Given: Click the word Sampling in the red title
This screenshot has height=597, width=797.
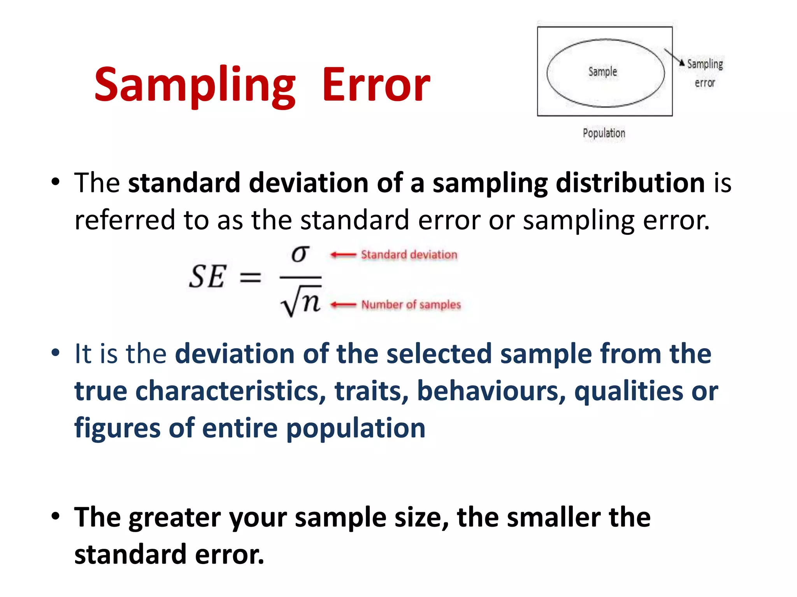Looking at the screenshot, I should [195, 85].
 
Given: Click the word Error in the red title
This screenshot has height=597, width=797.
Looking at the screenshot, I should [376, 85].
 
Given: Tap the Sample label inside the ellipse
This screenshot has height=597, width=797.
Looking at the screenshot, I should [602, 72].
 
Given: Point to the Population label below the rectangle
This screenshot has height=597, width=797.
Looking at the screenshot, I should [604, 133].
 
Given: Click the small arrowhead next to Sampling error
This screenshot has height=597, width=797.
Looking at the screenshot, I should [681, 63].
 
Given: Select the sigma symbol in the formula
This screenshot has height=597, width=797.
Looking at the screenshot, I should [300, 255].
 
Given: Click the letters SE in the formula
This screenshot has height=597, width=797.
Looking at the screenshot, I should [207, 277].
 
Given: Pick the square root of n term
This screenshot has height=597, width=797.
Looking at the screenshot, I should [301, 302].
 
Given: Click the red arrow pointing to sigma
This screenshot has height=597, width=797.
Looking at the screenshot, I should [343, 255].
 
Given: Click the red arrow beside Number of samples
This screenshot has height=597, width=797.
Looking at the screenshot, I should [343, 305].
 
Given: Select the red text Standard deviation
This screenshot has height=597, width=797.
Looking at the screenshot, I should [409, 255].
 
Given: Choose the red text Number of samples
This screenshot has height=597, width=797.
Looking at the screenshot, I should [411, 305].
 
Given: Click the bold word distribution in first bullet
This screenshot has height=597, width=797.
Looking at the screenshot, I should [630, 183].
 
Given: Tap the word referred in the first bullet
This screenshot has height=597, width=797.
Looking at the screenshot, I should [125, 220].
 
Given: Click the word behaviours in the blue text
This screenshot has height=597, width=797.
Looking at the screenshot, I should [491, 391].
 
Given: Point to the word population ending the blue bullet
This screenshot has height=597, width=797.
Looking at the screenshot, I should [356, 428].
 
